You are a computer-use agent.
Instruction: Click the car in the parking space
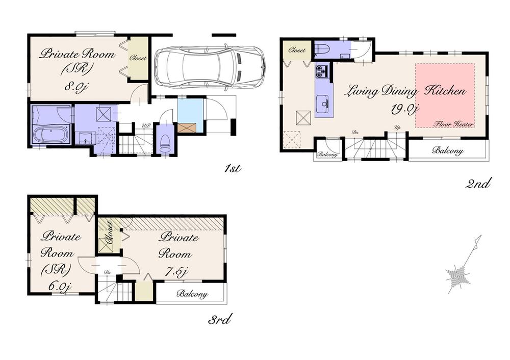coord(209,67)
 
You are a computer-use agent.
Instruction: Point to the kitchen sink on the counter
coord(323,106)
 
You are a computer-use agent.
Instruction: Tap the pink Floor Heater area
coord(445,96)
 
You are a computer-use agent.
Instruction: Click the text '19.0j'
coord(404,109)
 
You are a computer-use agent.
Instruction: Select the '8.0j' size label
coord(77,86)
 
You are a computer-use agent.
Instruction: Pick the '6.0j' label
coord(58,286)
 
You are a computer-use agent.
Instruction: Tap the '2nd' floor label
coord(478,183)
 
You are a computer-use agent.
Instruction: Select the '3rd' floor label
coord(220,320)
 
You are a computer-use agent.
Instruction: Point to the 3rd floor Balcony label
coord(192,294)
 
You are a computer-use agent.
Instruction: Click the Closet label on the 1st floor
coord(138,58)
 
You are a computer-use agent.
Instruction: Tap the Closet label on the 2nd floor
coord(297,50)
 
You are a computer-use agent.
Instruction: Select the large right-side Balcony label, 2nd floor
coord(447,150)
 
